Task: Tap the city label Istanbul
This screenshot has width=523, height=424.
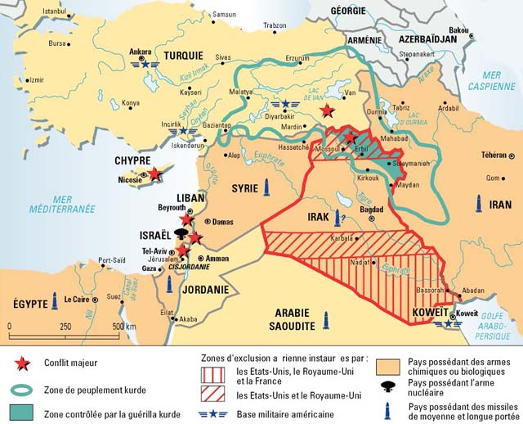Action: [53, 11]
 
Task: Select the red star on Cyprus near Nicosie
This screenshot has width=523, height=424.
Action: [155, 174]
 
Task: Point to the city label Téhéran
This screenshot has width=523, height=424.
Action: [494, 156]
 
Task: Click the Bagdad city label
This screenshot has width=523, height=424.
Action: [371, 210]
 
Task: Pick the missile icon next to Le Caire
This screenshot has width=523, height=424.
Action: [55, 300]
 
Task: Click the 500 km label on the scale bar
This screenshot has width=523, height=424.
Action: [124, 327]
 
